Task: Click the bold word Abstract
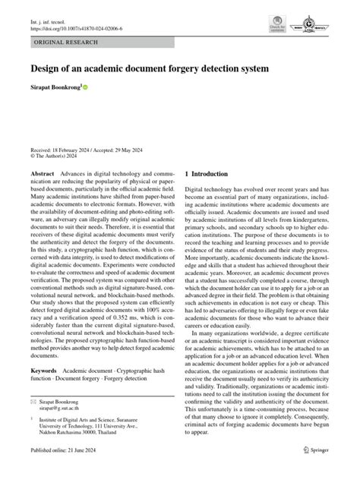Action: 43,174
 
